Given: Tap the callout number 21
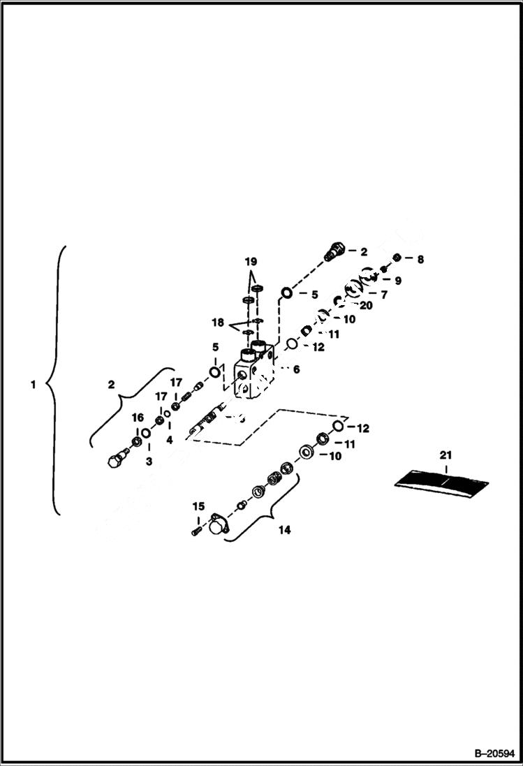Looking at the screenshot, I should pos(446,455).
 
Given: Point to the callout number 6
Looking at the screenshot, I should pos(296,369).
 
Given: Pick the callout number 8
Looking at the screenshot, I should pos(419,259).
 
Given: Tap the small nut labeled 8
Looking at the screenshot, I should pos(397,259).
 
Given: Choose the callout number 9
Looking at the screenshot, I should pos(398,281).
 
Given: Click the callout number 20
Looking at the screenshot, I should pos(366,305).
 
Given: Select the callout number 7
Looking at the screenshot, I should pos(383,295).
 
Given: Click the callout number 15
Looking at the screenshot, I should pos(198,506).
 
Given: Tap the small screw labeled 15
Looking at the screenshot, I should pos(196,532).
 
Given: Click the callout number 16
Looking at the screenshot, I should pos(138,418).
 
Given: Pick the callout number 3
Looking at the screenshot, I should pos(147,462).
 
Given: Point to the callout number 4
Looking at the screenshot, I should pos(169,440).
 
